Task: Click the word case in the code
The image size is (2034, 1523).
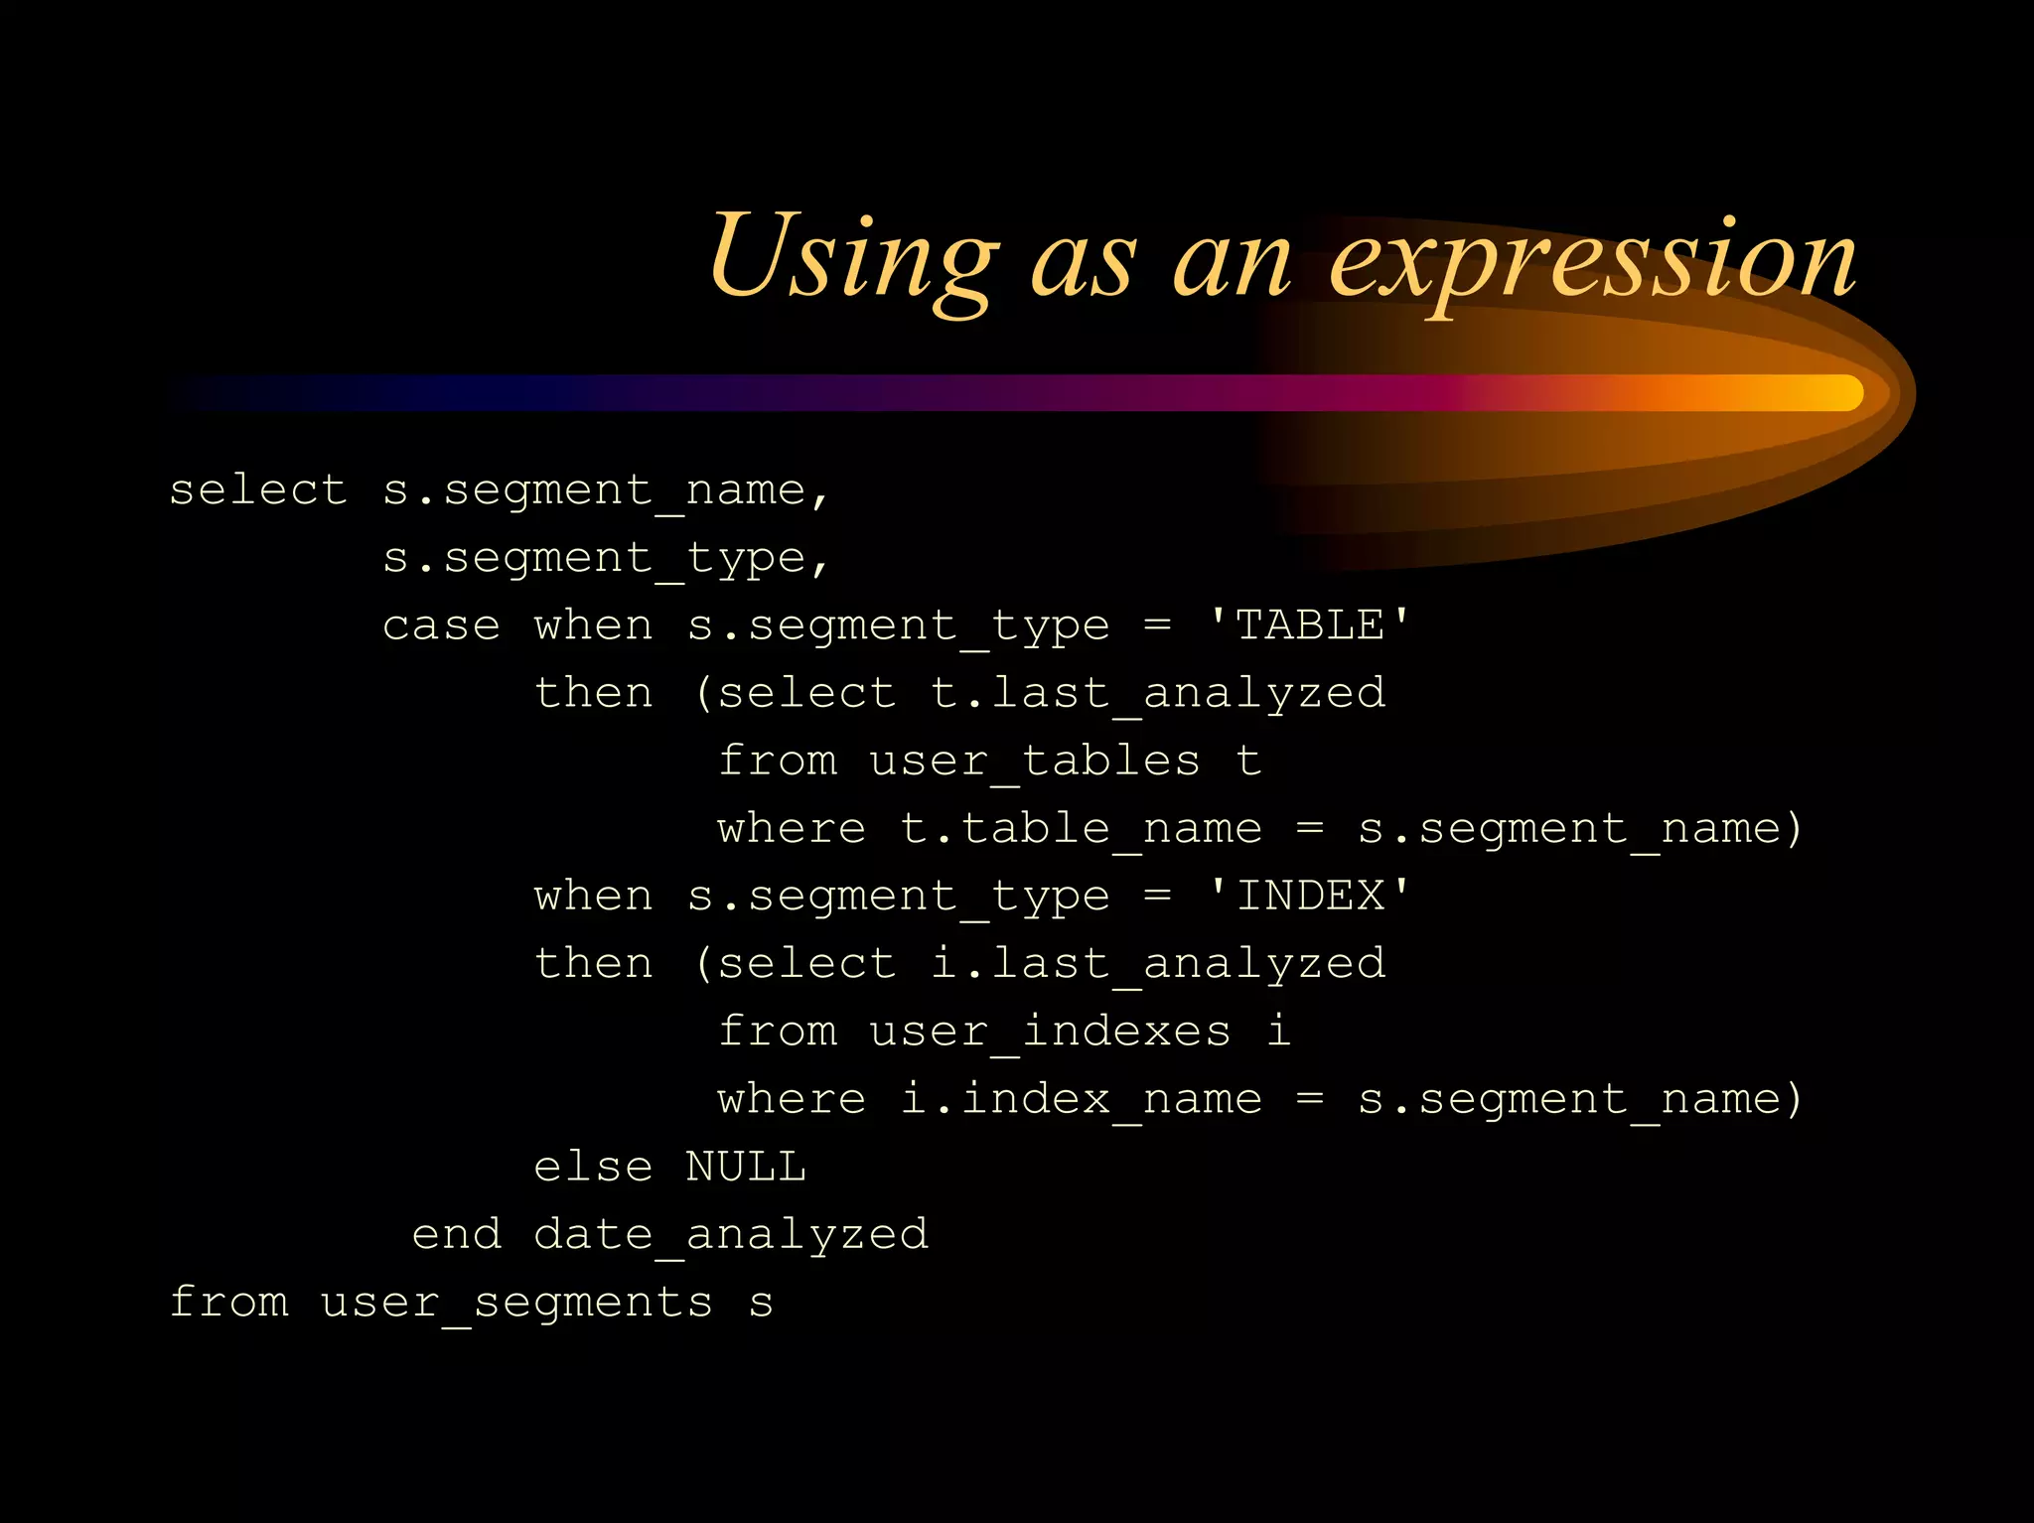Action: pos(441,625)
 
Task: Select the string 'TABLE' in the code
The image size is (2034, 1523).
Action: pos(1308,625)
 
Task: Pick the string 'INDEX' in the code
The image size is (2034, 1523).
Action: pos(1308,896)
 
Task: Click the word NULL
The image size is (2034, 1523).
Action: pos(745,1167)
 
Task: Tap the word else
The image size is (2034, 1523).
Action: pos(593,1167)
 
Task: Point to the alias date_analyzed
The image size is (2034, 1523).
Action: pos(731,1235)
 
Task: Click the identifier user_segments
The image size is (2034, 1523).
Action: pos(516,1303)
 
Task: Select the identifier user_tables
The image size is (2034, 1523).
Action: pos(1034,761)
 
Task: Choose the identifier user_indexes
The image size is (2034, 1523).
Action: pos(1050,1032)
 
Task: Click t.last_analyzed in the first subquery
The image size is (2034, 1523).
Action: pos(1158,693)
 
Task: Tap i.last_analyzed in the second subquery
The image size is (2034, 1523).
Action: pos(1158,964)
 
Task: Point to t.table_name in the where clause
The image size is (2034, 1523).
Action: pos(1081,829)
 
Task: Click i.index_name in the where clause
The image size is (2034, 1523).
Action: pos(1081,1099)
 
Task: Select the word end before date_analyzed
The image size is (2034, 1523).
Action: pos(456,1235)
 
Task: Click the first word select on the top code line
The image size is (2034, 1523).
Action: pos(258,490)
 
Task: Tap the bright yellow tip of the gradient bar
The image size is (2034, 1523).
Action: pos(1842,393)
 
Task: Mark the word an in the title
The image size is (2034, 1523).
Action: pos(1232,262)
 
